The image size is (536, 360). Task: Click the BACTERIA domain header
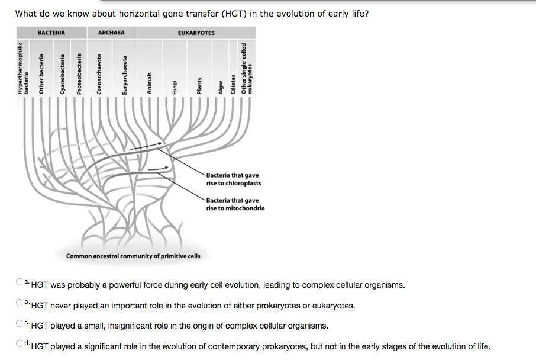(51, 33)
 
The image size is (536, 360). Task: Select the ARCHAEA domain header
(111, 33)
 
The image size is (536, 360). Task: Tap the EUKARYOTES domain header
(196, 33)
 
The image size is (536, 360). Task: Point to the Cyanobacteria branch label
(61, 74)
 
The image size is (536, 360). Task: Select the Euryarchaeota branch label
(124, 75)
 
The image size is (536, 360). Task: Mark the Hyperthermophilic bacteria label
(22, 68)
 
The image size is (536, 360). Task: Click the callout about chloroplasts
(233, 179)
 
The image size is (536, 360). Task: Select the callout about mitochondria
(235, 204)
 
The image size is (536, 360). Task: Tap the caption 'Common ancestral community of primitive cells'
(133, 256)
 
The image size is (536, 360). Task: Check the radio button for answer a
(20, 282)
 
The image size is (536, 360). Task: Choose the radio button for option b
(20, 303)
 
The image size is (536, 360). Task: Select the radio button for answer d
(20, 344)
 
